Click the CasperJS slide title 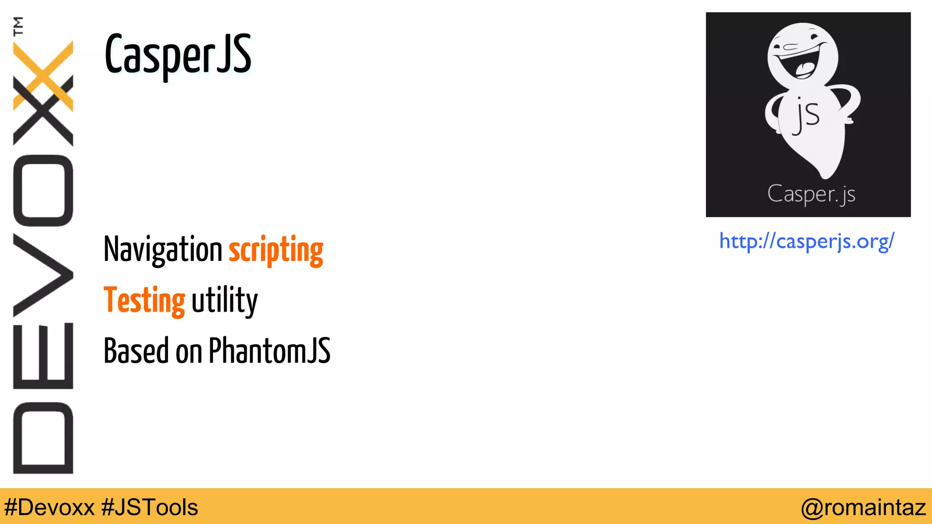(178, 55)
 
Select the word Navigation (162, 250)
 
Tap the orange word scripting (276, 251)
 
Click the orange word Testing (144, 301)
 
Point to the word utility (224, 301)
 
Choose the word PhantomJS (269, 351)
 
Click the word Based (136, 351)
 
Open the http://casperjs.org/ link (806, 241)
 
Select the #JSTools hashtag (150, 507)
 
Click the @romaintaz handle (863, 507)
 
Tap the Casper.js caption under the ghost (811, 194)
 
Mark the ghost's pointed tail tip (825, 175)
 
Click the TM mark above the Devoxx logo (18, 26)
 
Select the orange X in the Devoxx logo (43, 75)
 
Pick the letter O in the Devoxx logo (43, 191)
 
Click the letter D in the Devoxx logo (43, 438)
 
